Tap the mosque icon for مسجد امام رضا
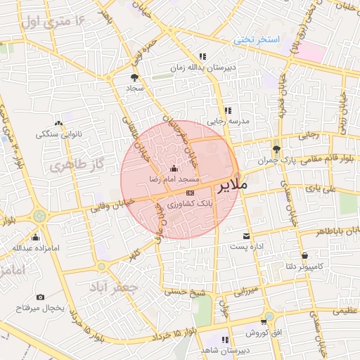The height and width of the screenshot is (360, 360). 174,168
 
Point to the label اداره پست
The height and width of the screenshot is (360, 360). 246,247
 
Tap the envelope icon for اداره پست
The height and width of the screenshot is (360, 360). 246,236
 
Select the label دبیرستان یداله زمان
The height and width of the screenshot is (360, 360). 201,67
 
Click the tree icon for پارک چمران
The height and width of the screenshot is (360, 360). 276,148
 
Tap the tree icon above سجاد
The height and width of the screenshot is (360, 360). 134,77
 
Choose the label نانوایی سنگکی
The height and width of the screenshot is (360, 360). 60,133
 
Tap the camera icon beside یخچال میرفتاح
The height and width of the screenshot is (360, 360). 40,297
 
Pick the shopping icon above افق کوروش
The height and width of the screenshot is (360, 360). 264,321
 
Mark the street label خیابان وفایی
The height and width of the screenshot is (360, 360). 107,207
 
